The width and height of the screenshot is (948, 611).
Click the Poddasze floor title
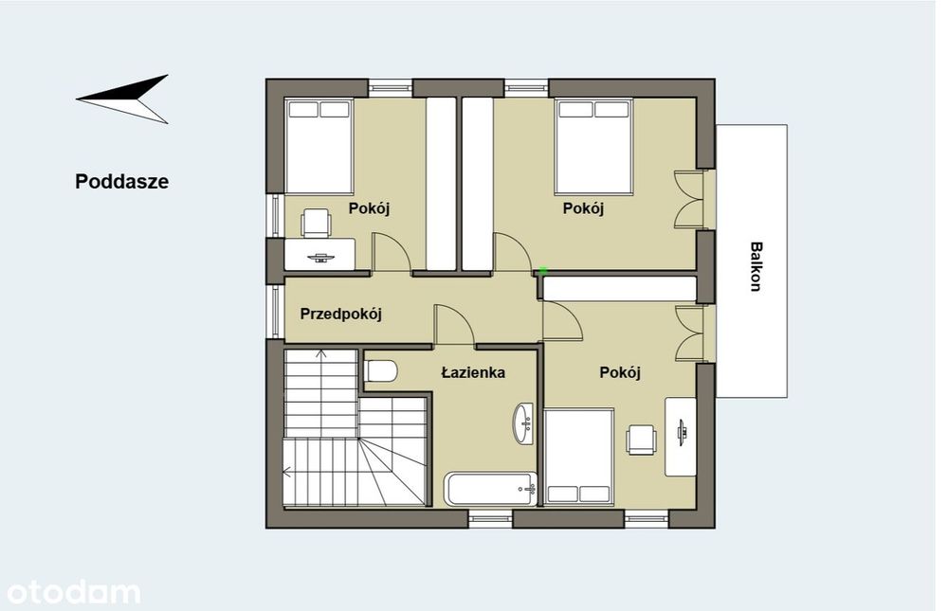(121, 182)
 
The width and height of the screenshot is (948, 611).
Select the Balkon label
(756, 266)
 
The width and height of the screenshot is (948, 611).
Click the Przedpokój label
(341, 314)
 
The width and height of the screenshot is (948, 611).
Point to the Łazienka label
(473, 372)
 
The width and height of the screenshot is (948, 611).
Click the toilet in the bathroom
(381, 371)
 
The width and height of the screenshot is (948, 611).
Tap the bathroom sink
(523, 423)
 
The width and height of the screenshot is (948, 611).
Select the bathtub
(490, 489)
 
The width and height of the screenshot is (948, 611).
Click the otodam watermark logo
(73, 592)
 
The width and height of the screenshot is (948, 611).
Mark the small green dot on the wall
(543, 271)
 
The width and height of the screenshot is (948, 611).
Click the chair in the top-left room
(317, 222)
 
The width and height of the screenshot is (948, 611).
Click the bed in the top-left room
(319, 147)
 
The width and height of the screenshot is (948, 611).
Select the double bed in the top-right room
(594, 147)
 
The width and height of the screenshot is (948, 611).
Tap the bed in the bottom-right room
(579, 457)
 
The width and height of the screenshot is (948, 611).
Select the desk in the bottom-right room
(681, 437)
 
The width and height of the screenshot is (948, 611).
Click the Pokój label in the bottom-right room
(620, 372)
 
